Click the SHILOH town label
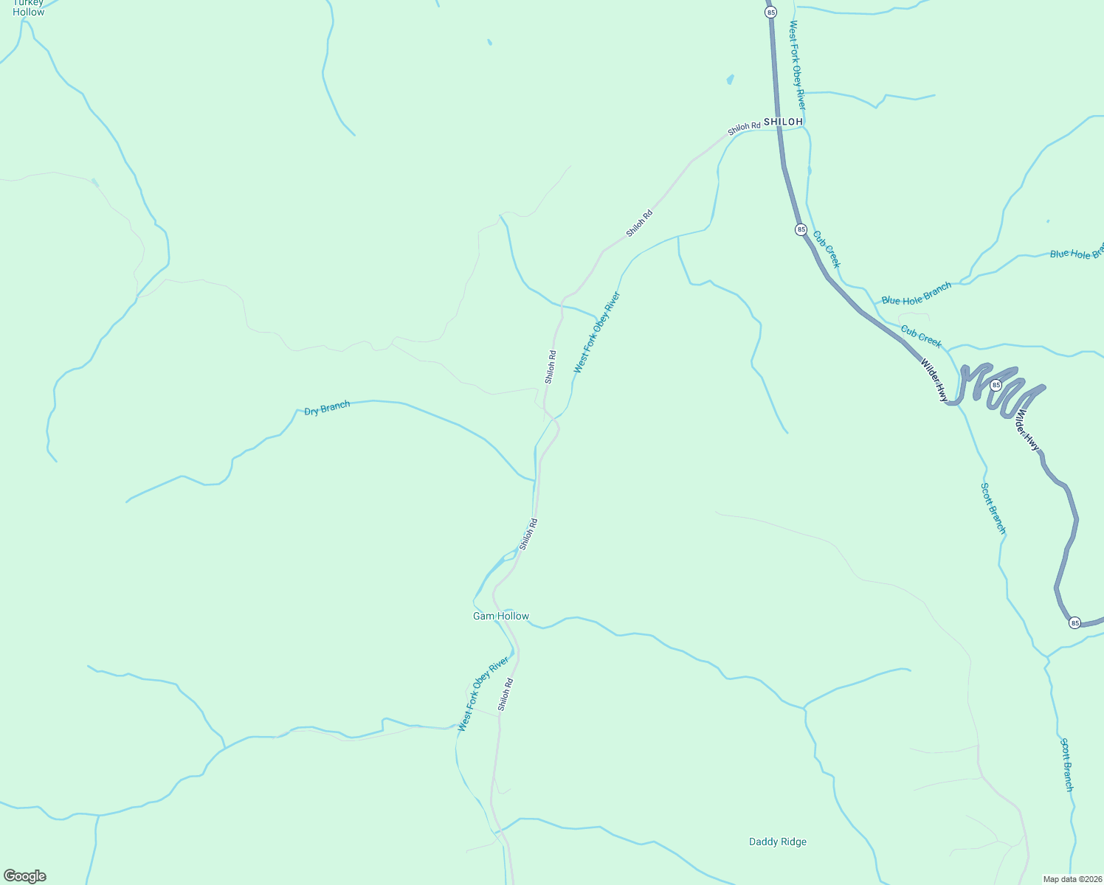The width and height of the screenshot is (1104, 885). click(783, 122)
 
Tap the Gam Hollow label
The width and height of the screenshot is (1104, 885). click(500, 617)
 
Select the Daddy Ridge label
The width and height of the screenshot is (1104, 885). click(777, 842)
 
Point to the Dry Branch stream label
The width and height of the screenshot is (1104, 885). click(327, 408)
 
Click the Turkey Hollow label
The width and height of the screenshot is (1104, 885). click(29, 7)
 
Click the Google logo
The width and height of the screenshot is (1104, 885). click(24, 876)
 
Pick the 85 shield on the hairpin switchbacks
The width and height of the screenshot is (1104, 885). click(996, 385)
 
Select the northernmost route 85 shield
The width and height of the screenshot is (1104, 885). click(771, 13)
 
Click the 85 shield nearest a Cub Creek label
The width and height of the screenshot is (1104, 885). click(801, 230)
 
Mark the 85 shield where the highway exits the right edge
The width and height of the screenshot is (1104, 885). click(1074, 623)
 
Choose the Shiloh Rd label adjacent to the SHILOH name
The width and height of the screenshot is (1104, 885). click(744, 128)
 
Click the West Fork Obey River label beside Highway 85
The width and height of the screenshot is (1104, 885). click(798, 65)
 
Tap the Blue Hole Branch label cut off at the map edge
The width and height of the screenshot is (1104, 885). click(1076, 253)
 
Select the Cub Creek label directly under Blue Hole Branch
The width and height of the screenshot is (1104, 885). click(921, 337)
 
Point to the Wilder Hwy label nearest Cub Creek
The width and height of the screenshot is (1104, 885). click(934, 380)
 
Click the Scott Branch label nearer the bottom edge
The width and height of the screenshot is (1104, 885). click(1067, 765)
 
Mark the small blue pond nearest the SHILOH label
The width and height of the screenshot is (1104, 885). click(731, 79)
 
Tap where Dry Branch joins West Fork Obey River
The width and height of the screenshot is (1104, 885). click(534, 480)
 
